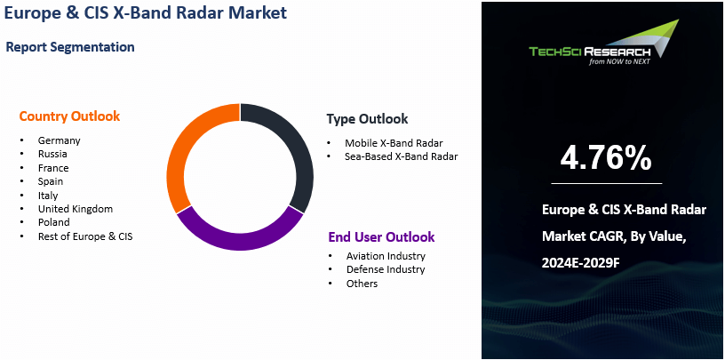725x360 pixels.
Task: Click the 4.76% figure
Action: click(606, 157)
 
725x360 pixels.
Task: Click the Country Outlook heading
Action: click(69, 116)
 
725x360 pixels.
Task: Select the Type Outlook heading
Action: click(367, 119)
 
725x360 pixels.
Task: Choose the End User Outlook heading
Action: click(381, 237)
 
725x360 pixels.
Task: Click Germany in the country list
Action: click(59, 140)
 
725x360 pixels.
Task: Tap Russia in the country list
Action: click(53, 154)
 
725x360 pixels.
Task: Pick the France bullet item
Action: click(53, 168)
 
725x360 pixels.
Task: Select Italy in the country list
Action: click(48, 196)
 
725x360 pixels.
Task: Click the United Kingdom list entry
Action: click(75, 209)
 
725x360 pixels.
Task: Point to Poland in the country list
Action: click(53, 222)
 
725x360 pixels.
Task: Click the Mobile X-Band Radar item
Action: click(394, 142)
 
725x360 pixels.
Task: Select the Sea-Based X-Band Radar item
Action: click(402, 156)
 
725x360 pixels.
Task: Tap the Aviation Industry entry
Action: click(386, 256)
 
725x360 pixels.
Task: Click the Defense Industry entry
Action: click(386, 269)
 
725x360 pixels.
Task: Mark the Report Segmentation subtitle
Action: click(70, 47)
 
